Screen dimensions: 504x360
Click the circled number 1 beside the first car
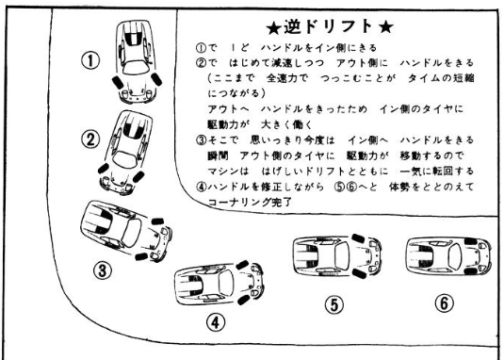point(90,60)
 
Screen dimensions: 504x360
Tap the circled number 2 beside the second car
point(90,139)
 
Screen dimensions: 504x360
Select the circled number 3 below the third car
point(103,270)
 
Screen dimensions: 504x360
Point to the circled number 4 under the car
point(216,321)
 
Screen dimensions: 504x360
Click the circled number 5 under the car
point(334,304)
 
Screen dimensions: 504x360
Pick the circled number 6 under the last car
point(445,303)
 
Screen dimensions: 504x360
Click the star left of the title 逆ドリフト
point(274,28)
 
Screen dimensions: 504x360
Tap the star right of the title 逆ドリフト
point(385,27)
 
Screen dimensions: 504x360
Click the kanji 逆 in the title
point(292,27)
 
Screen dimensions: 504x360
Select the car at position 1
point(137,61)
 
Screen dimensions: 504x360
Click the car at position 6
point(448,255)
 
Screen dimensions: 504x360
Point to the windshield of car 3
point(131,233)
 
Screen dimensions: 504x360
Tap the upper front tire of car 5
point(358,238)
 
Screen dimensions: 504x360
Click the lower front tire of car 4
point(243,300)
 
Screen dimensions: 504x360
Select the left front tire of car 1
point(117,82)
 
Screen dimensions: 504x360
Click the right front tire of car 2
point(138,177)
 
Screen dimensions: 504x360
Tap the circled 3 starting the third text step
point(201,140)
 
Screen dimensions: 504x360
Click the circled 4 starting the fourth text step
point(201,187)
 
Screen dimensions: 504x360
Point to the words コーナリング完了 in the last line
point(250,203)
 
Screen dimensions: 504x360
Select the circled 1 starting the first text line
point(201,48)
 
